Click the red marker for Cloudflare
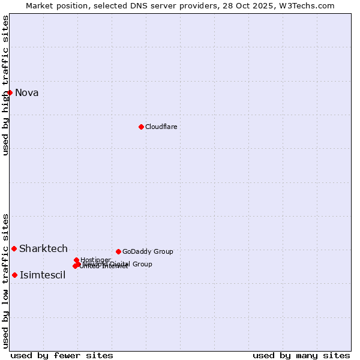point(141,127)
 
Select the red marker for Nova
point(10,92)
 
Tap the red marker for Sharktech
point(14,248)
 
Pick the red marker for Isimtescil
point(15,275)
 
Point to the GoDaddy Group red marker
point(118,251)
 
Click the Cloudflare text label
point(161,127)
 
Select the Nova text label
point(27,92)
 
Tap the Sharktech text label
point(44,248)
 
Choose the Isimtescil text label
point(43,275)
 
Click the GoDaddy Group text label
point(148,251)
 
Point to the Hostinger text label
point(96,260)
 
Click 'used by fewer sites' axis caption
point(62,355)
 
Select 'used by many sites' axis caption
point(301,355)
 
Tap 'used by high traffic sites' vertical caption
point(6,85)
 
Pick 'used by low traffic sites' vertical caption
point(6,281)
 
